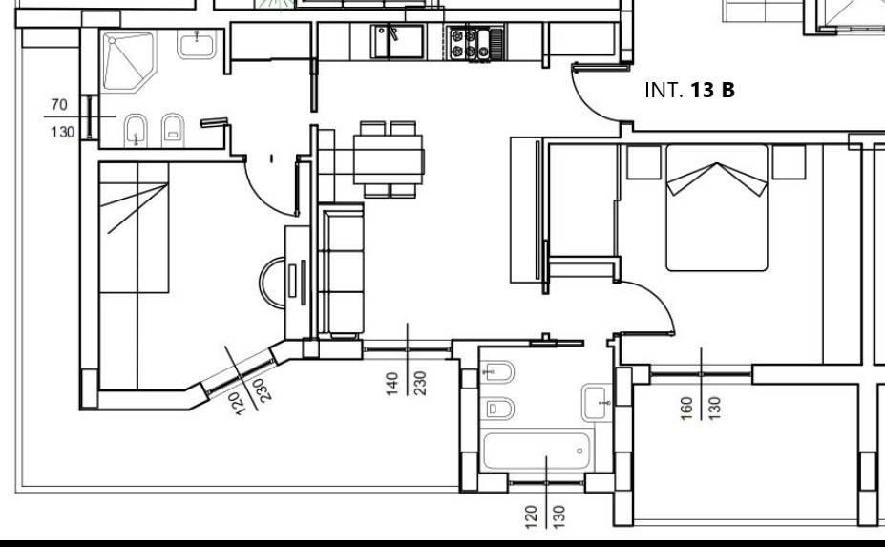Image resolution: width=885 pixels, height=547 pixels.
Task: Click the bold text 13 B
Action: pos(712,90)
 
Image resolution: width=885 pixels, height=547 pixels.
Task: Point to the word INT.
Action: pos(664,90)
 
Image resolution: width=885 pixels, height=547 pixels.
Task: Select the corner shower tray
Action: pos(128,61)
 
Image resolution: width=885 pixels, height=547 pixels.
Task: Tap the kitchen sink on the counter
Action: pos(397,42)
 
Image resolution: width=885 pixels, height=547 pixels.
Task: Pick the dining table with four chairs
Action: pos(389,159)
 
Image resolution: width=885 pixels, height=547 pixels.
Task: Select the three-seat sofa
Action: pos(341,270)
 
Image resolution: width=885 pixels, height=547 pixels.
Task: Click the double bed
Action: pos(717,208)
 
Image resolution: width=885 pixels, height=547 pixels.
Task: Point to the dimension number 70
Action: pos(58,104)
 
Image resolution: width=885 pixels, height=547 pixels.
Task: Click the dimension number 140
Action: pos(392,384)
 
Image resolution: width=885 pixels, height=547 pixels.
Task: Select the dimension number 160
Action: pos(686,409)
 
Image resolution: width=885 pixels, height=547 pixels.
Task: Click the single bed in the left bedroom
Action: pos(134,227)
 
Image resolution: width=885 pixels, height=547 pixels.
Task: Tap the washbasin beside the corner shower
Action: pos(197,44)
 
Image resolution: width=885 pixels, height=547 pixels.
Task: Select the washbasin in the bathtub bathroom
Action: pos(596,403)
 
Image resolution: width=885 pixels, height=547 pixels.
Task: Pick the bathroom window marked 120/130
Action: pos(546,483)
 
